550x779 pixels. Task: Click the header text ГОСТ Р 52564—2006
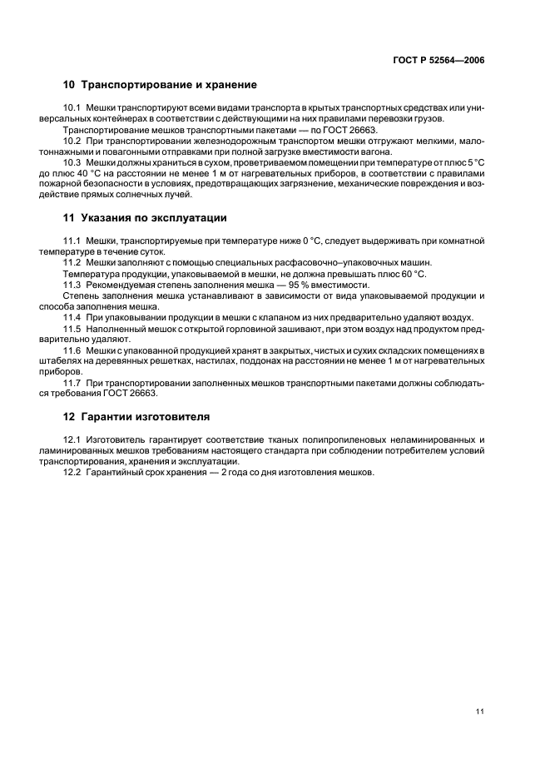[x=439, y=60]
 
